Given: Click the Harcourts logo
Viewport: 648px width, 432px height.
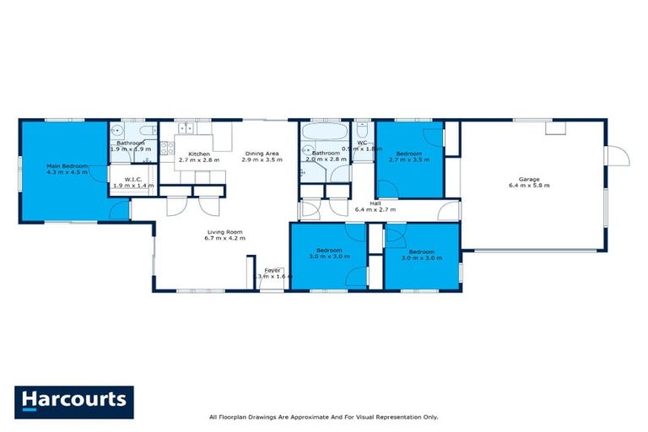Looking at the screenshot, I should pyautogui.click(x=74, y=399).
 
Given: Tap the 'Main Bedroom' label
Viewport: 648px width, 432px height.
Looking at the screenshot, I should pyautogui.click(x=64, y=166).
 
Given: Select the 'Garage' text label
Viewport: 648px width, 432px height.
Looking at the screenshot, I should pyautogui.click(x=529, y=179).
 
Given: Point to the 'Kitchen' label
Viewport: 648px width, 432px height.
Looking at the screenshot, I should pyautogui.click(x=199, y=154).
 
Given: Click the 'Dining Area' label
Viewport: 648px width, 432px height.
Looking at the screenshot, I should pyautogui.click(x=259, y=154).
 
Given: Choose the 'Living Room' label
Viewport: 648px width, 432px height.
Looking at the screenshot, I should pyautogui.click(x=224, y=232).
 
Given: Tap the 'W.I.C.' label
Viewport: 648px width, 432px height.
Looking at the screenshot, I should pyautogui.click(x=131, y=178).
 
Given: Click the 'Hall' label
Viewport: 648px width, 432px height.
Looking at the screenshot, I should pyautogui.click(x=375, y=202).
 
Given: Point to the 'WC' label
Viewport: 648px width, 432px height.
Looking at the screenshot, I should pyautogui.click(x=362, y=143).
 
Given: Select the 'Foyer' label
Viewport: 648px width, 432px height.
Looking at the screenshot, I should pyautogui.click(x=273, y=270).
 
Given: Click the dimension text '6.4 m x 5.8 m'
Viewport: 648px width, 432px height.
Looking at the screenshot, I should pyautogui.click(x=529, y=186).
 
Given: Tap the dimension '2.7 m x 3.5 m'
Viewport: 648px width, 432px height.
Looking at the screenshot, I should pyautogui.click(x=409, y=159).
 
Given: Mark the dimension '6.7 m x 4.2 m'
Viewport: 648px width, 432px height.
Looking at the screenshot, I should pyautogui.click(x=224, y=239).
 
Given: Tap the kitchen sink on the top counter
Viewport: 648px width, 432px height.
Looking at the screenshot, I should pyautogui.click(x=186, y=129).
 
